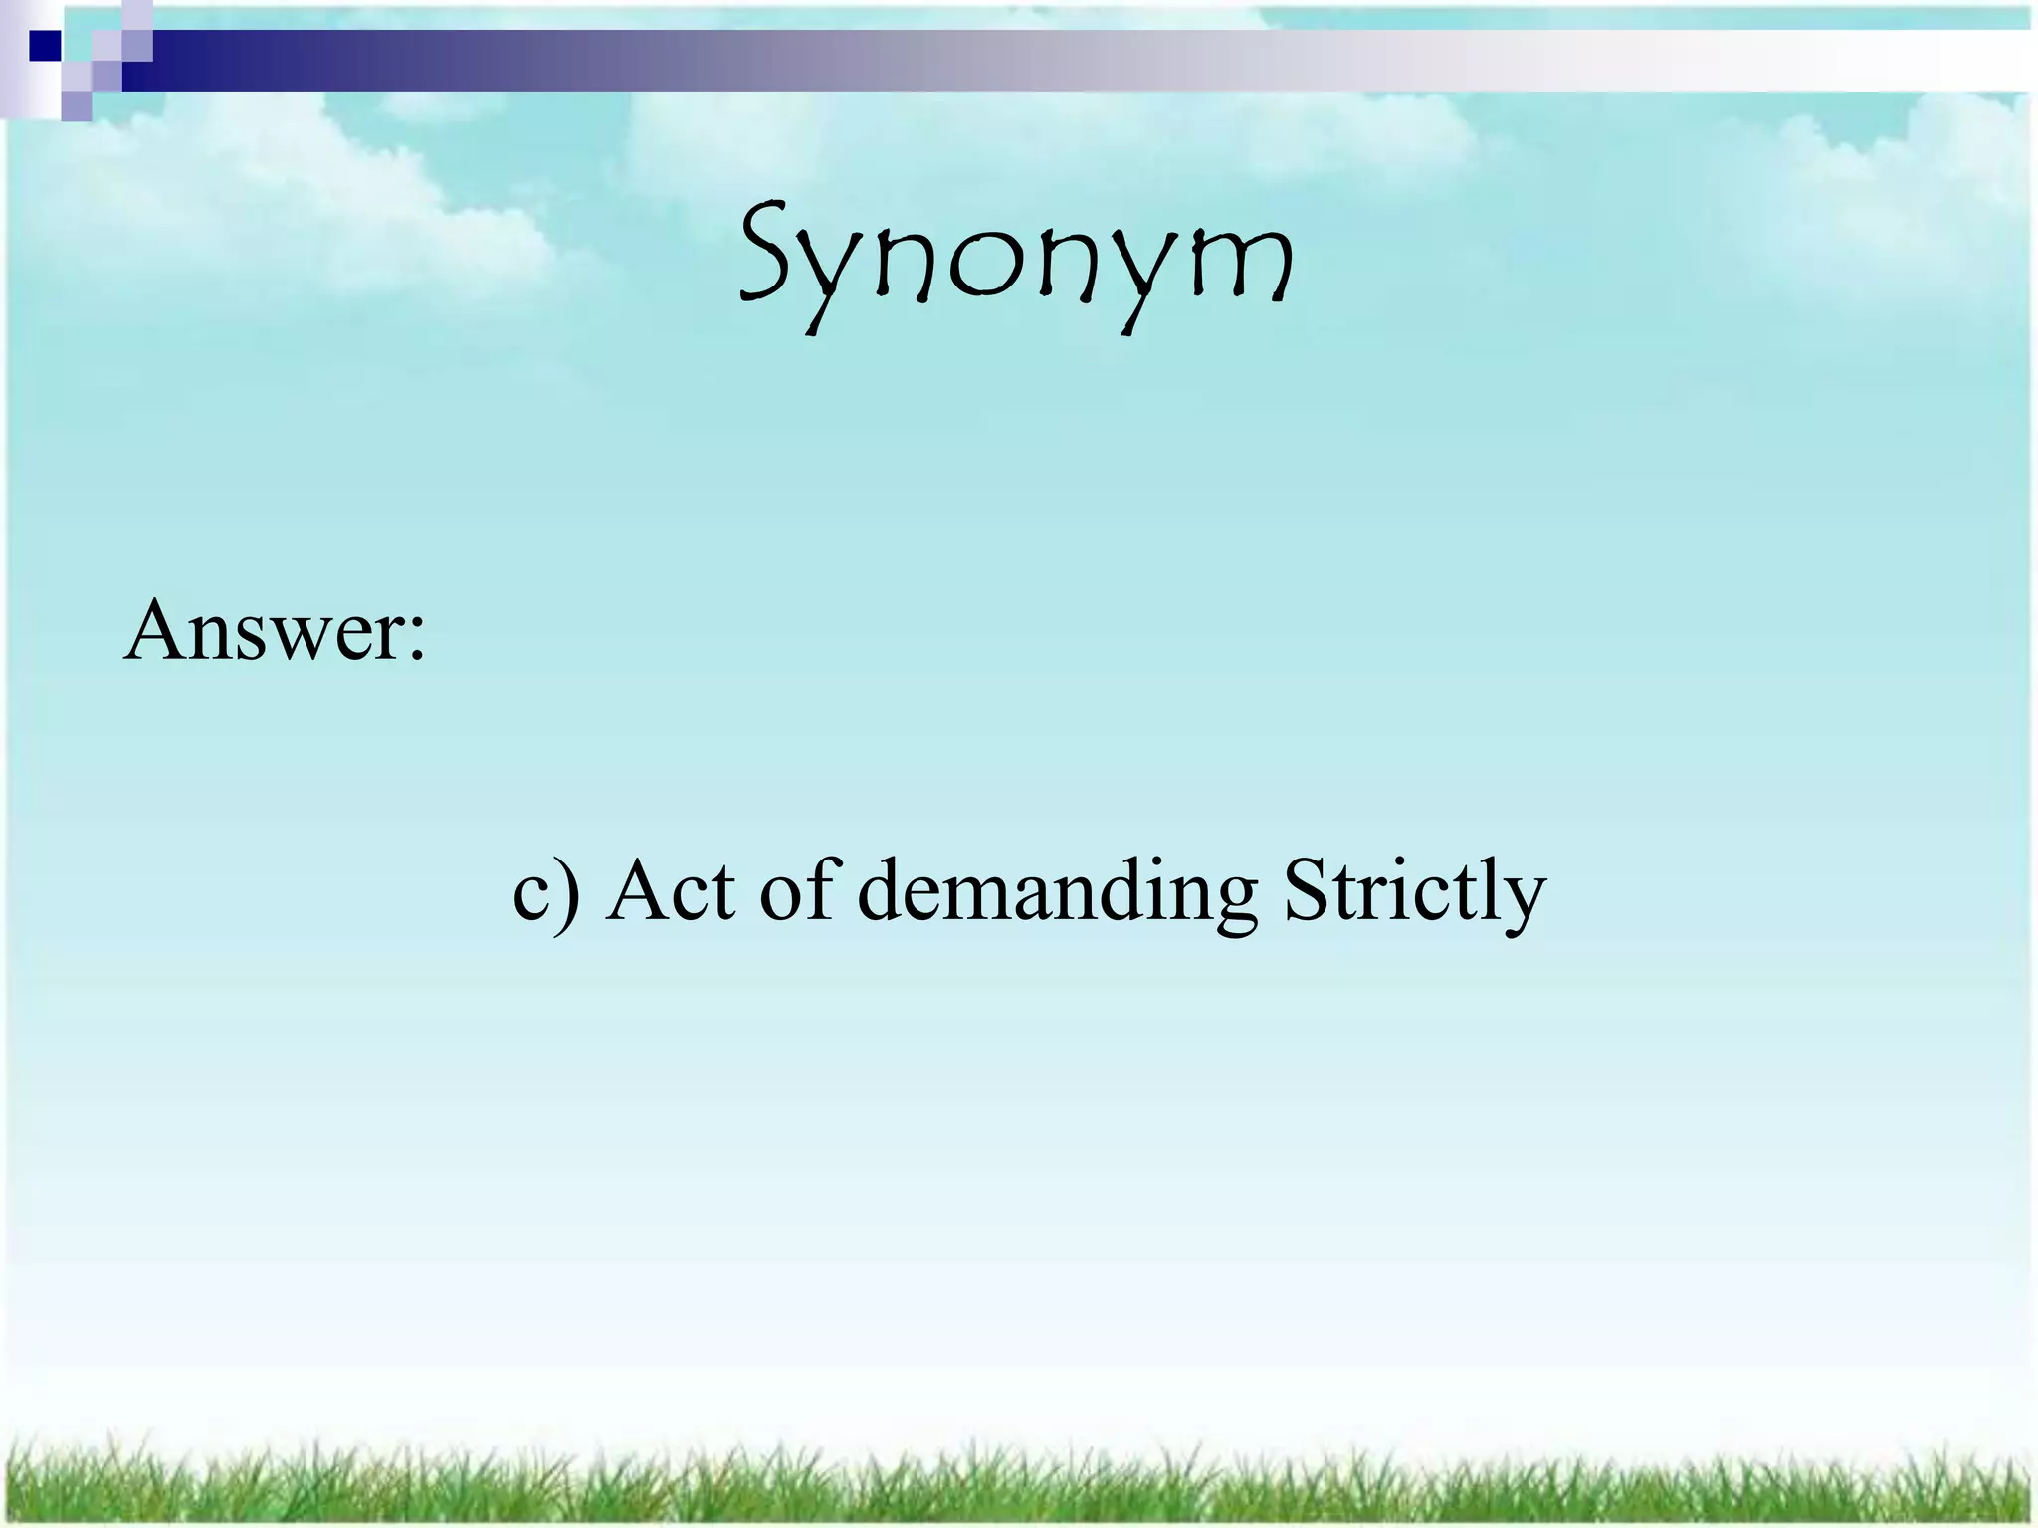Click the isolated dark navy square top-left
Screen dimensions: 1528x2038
pyautogui.click(x=45, y=46)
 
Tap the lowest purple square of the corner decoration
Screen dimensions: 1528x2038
pyautogui.click(x=76, y=105)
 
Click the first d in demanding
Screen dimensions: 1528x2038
pyautogui.click(x=882, y=888)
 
